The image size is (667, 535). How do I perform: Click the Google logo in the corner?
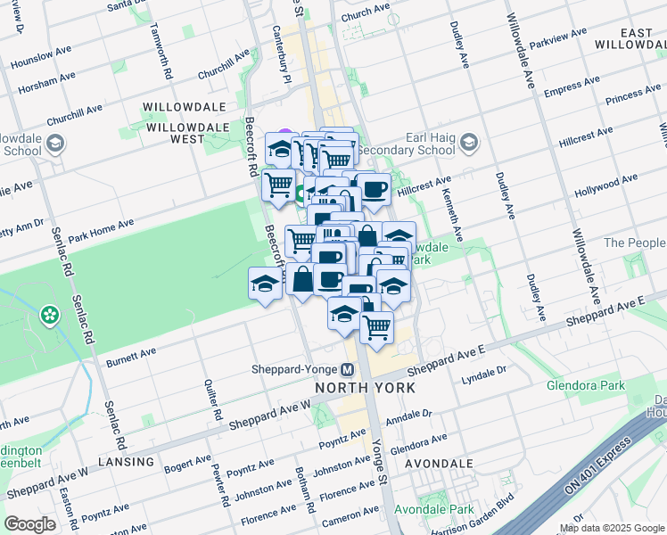click(x=29, y=524)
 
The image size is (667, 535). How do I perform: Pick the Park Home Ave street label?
click(x=100, y=230)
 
